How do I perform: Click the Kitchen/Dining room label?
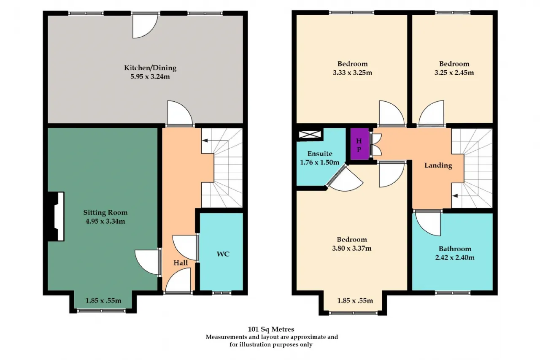coord(150,68)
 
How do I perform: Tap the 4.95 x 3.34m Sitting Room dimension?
coord(105,221)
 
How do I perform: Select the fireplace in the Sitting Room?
coord(56,216)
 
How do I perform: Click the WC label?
coord(223,254)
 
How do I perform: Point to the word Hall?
coord(181,263)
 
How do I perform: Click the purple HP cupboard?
coord(359,144)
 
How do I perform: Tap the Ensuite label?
coord(320,154)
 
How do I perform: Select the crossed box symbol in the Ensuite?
coord(310,134)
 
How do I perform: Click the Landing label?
coord(438,165)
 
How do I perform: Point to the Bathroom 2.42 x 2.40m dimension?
coord(455,257)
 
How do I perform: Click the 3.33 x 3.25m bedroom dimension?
coord(352,73)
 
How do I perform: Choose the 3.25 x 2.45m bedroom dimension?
coord(454,73)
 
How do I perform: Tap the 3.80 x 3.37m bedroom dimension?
coord(352,248)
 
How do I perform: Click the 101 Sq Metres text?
coord(271,329)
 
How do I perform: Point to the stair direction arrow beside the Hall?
coord(215,141)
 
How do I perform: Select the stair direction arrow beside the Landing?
coord(465,195)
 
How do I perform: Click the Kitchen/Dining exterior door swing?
coord(145,26)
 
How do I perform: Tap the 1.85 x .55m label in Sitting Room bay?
coord(103,300)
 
